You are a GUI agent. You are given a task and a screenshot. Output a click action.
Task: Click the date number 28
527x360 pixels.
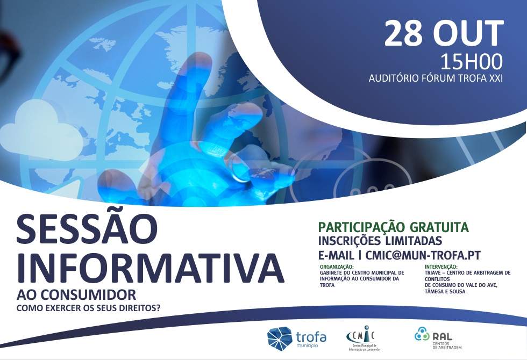403,33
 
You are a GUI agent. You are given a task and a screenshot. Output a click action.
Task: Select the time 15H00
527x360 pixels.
471,62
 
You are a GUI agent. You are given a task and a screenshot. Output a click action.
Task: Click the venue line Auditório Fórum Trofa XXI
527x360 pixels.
436,78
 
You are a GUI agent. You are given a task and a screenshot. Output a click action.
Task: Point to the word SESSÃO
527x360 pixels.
87,230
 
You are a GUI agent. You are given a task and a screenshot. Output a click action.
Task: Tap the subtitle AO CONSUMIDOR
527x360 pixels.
76,295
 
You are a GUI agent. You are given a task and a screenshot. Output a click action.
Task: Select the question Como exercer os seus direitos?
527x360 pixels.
88,308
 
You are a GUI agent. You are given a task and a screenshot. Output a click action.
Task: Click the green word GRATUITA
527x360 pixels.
439,227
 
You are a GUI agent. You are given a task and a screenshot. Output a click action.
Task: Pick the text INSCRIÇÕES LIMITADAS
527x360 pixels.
380,241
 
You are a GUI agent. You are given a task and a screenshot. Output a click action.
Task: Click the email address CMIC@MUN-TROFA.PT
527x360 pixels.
423,255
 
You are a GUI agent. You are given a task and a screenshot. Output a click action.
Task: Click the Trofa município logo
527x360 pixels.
296,337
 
